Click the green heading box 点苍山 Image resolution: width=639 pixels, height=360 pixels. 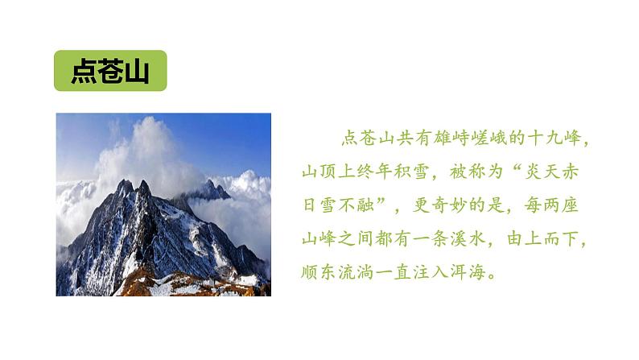(x=110, y=71)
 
